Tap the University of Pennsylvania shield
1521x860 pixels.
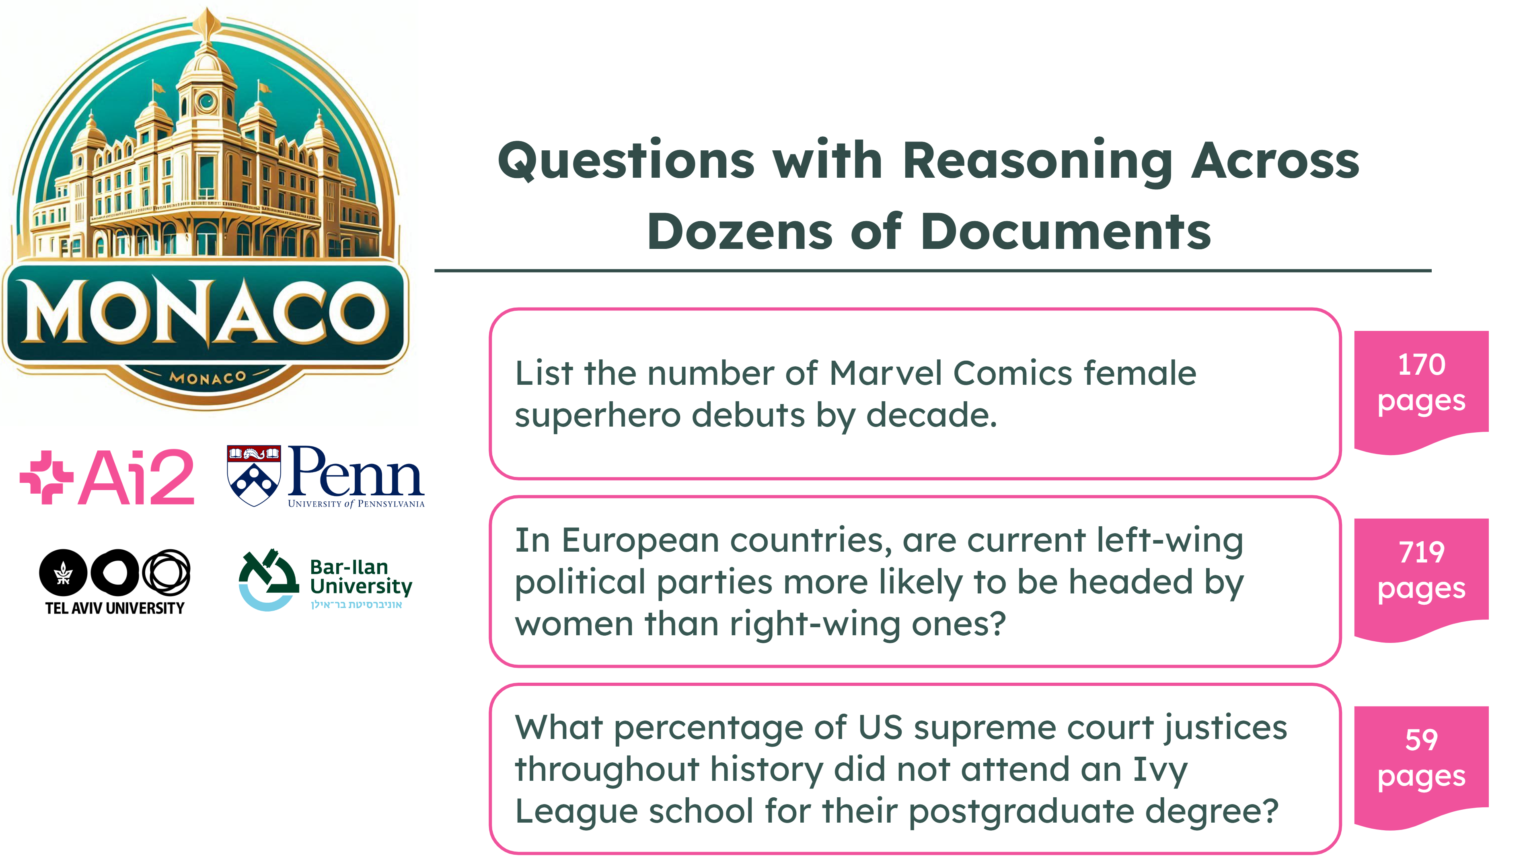(x=254, y=476)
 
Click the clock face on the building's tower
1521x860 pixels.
(x=206, y=102)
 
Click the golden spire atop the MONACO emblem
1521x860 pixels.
(x=207, y=24)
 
